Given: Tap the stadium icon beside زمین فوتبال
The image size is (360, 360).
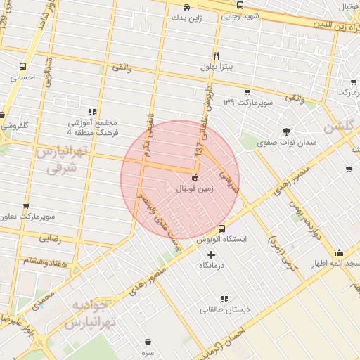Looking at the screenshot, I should point(195,179).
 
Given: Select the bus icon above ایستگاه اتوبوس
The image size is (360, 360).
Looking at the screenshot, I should point(222,229).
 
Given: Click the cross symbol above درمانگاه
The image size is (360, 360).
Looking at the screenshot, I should point(211,254).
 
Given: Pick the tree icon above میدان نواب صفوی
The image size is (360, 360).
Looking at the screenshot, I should point(286,131).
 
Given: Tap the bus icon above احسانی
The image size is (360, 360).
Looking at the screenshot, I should point(23,67).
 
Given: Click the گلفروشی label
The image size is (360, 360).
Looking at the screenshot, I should point(14,126).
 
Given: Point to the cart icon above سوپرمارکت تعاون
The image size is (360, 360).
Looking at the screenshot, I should point(26,207).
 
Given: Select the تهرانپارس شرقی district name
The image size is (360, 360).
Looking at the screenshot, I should point(65,162).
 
